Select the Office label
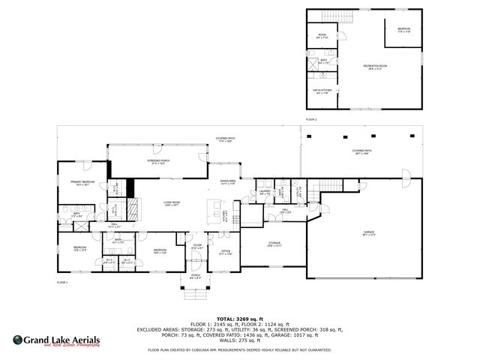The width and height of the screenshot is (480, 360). [x=225, y=252]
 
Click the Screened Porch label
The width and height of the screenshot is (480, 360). [x=158, y=161]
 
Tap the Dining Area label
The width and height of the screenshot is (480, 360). [x=227, y=182]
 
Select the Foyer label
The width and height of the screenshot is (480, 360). [x=197, y=246]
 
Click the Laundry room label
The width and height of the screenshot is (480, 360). [x=265, y=192]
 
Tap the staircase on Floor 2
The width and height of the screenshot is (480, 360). [x=329, y=17]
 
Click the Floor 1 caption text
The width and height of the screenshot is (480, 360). [x=62, y=282]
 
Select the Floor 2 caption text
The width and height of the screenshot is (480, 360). [x=310, y=120]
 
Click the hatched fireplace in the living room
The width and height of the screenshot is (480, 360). [x=132, y=207]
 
